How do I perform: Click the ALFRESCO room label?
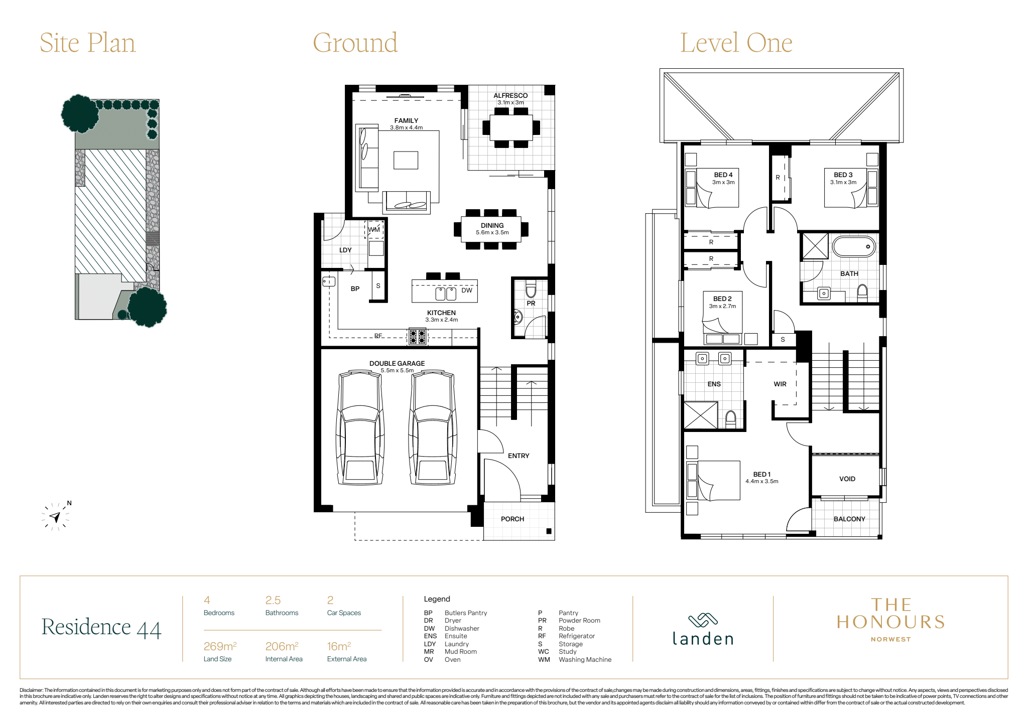tap(510, 95)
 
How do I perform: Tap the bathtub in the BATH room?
tap(854, 247)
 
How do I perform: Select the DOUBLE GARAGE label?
tap(397, 363)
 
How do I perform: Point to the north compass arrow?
tap(55, 517)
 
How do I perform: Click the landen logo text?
tap(703, 639)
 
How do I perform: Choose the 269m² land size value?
tap(220, 646)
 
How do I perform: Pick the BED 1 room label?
tap(762, 474)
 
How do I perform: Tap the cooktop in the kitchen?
tap(418, 337)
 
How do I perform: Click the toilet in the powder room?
tap(531, 289)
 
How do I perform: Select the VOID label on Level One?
tap(847, 479)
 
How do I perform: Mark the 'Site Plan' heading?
tap(88, 43)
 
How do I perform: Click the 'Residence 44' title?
tap(101, 628)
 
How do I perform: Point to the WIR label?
tap(780, 384)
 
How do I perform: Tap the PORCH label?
tap(512, 519)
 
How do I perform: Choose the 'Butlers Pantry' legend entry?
tap(466, 613)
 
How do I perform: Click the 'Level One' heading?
tap(736, 43)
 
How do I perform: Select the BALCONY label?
tap(849, 519)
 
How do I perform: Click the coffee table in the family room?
tap(406, 160)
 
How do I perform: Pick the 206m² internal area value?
tap(282, 646)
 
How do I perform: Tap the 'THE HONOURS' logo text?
tap(891, 614)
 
